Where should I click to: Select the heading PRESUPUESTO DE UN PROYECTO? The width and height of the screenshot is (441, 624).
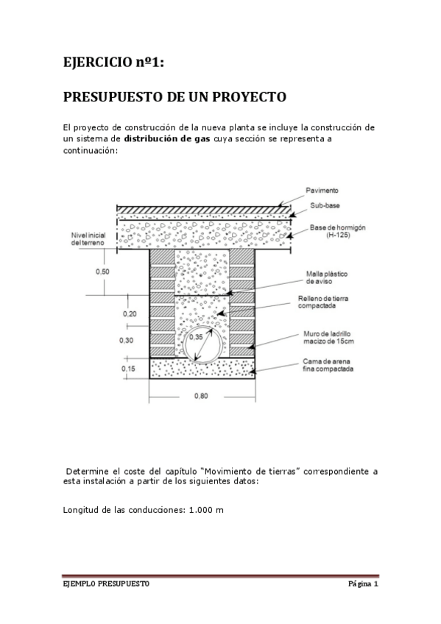point(174,97)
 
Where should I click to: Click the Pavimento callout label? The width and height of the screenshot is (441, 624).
point(323,190)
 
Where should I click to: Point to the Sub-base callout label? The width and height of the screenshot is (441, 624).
point(324,205)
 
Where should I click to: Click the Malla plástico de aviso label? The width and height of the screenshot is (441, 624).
point(327,277)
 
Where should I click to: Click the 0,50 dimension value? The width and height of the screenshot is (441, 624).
point(103,272)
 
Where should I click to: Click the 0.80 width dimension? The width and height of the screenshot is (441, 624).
point(200,396)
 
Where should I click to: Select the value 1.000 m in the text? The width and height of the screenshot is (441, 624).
point(205,509)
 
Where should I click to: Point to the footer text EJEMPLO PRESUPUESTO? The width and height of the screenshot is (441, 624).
point(105,585)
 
